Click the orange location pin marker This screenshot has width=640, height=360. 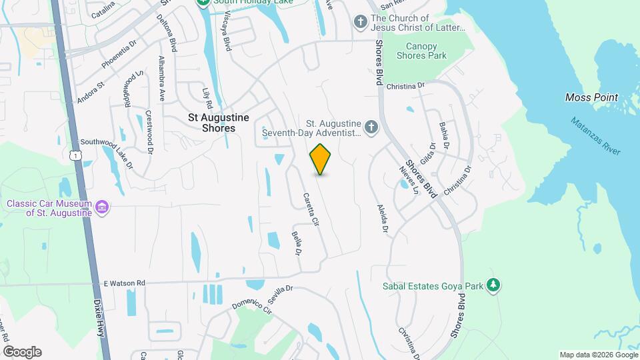tap(321, 159)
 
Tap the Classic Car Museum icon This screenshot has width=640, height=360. tap(101, 207)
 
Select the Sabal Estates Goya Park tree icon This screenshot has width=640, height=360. tap(493, 286)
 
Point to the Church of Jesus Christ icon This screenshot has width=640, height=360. tap(360, 22)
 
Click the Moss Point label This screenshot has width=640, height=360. tap(591, 97)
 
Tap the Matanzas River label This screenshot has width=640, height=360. tap(595, 136)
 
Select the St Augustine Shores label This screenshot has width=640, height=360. tap(218, 123)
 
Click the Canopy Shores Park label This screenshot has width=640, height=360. tap(421, 51)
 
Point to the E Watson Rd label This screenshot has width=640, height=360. tap(124, 283)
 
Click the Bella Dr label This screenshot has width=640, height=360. tap(297, 243)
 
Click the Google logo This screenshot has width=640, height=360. tap(22, 351)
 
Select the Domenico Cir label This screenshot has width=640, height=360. tap(251, 307)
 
